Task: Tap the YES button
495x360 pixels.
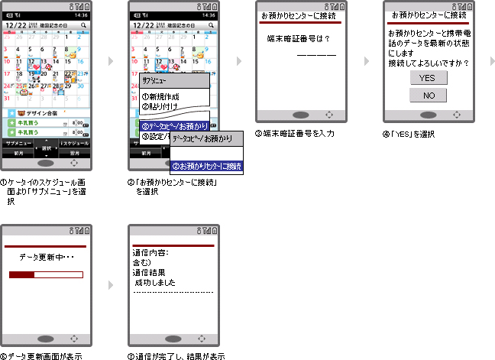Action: tap(427, 78)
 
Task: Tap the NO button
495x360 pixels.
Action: tap(427, 96)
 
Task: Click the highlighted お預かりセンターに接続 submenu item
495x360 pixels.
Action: tap(206, 166)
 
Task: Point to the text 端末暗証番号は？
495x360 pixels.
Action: tap(298, 38)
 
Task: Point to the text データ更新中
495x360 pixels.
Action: tap(44, 258)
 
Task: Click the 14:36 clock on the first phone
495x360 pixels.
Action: tap(79, 15)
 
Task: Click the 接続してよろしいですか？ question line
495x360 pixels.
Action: tap(428, 63)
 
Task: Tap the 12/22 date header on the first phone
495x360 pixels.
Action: tap(16, 26)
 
